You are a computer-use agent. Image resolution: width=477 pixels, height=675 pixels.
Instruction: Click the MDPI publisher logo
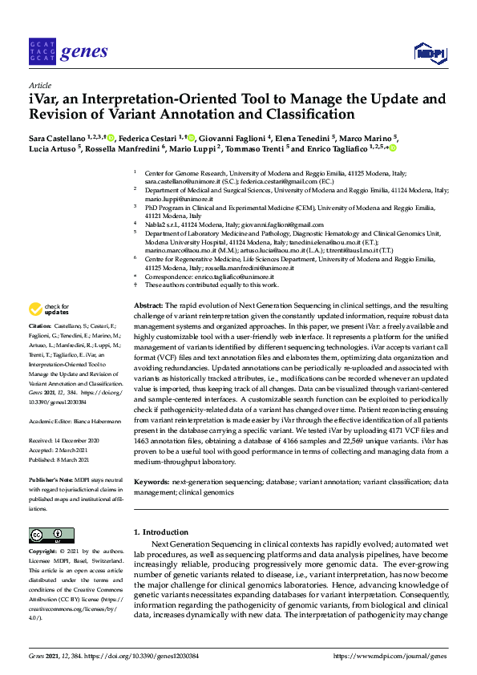[430, 53]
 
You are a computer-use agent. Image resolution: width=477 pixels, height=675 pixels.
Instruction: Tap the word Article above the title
[39, 84]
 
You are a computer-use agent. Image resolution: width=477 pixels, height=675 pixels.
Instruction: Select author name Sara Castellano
[60, 138]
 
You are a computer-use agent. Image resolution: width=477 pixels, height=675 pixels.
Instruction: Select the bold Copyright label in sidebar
[42, 552]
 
